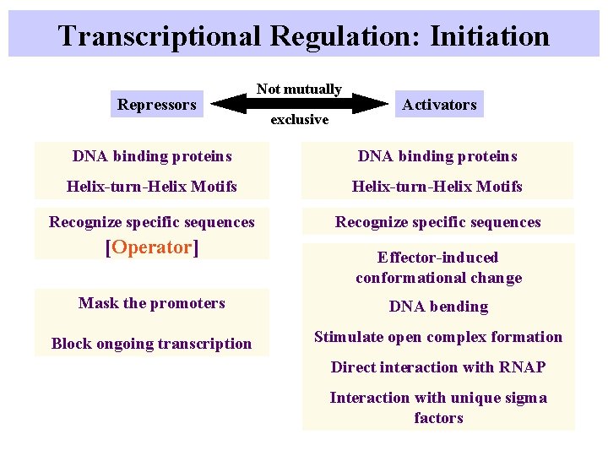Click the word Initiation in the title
(490, 36)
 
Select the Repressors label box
(156, 105)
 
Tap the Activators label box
(439, 105)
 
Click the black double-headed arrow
(299, 104)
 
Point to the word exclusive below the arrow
(299, 120)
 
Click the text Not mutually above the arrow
(299, 89)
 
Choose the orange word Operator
(151, 247)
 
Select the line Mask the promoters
(152, 303)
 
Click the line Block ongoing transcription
(152, 344)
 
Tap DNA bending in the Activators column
(438, 307)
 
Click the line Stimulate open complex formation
(438, 337)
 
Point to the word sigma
(525, 398)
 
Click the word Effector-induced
(437, 258)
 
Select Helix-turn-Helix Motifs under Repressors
(152, 187)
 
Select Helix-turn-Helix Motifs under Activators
(437, 187)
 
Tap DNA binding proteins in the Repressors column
(152, 156)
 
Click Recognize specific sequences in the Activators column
(437, 222)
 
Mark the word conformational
(410, 278)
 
